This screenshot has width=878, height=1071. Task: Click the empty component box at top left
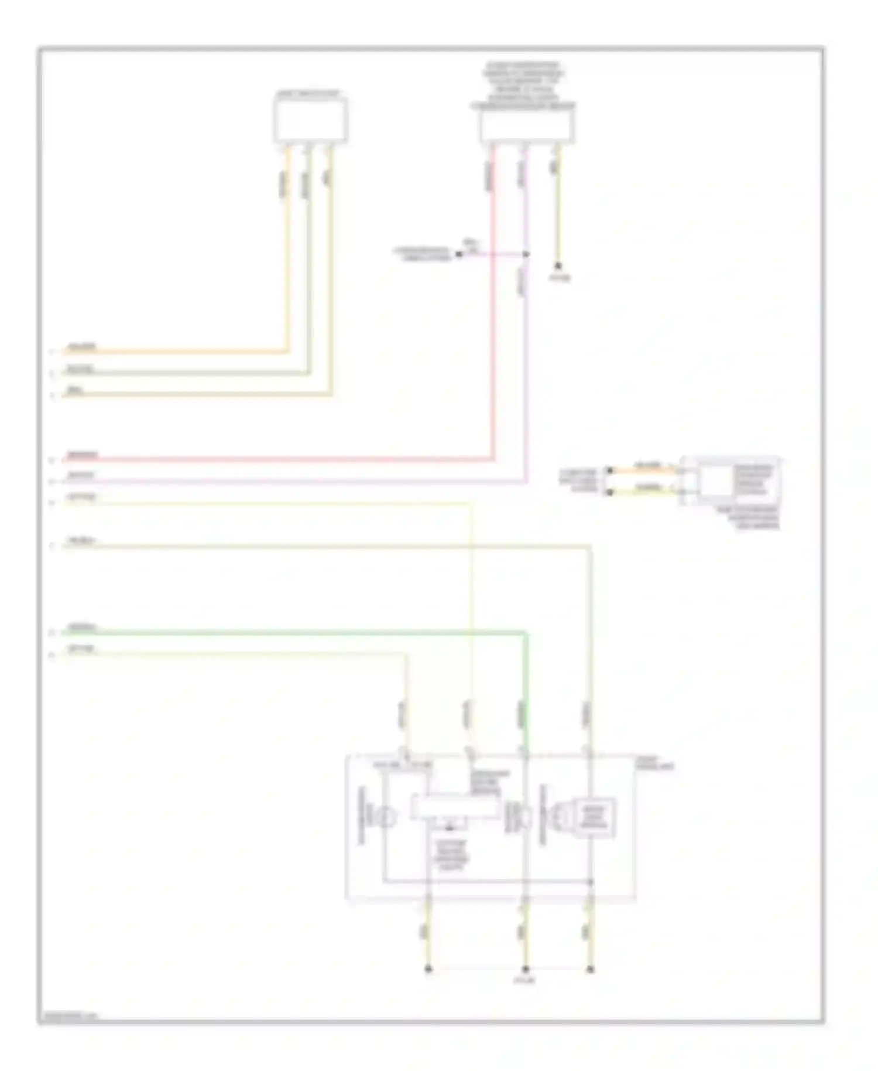click(x=310, y=121)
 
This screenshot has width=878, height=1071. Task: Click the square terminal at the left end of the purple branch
click(x=459, y=254)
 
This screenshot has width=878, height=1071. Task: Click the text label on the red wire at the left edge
click(x=83, y=455)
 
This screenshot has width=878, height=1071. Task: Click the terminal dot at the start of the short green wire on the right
click(x=609, y=492)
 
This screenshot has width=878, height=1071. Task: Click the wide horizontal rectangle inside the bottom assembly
click(x=455, y=807)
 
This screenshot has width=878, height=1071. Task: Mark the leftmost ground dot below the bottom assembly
click(x=428, y=970)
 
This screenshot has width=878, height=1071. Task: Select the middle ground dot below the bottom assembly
click(x=525, y=970)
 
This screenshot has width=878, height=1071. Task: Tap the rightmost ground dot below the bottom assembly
click(x=590, y=970)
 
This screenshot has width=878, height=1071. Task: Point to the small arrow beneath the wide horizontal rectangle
click(x=449, y=828)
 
